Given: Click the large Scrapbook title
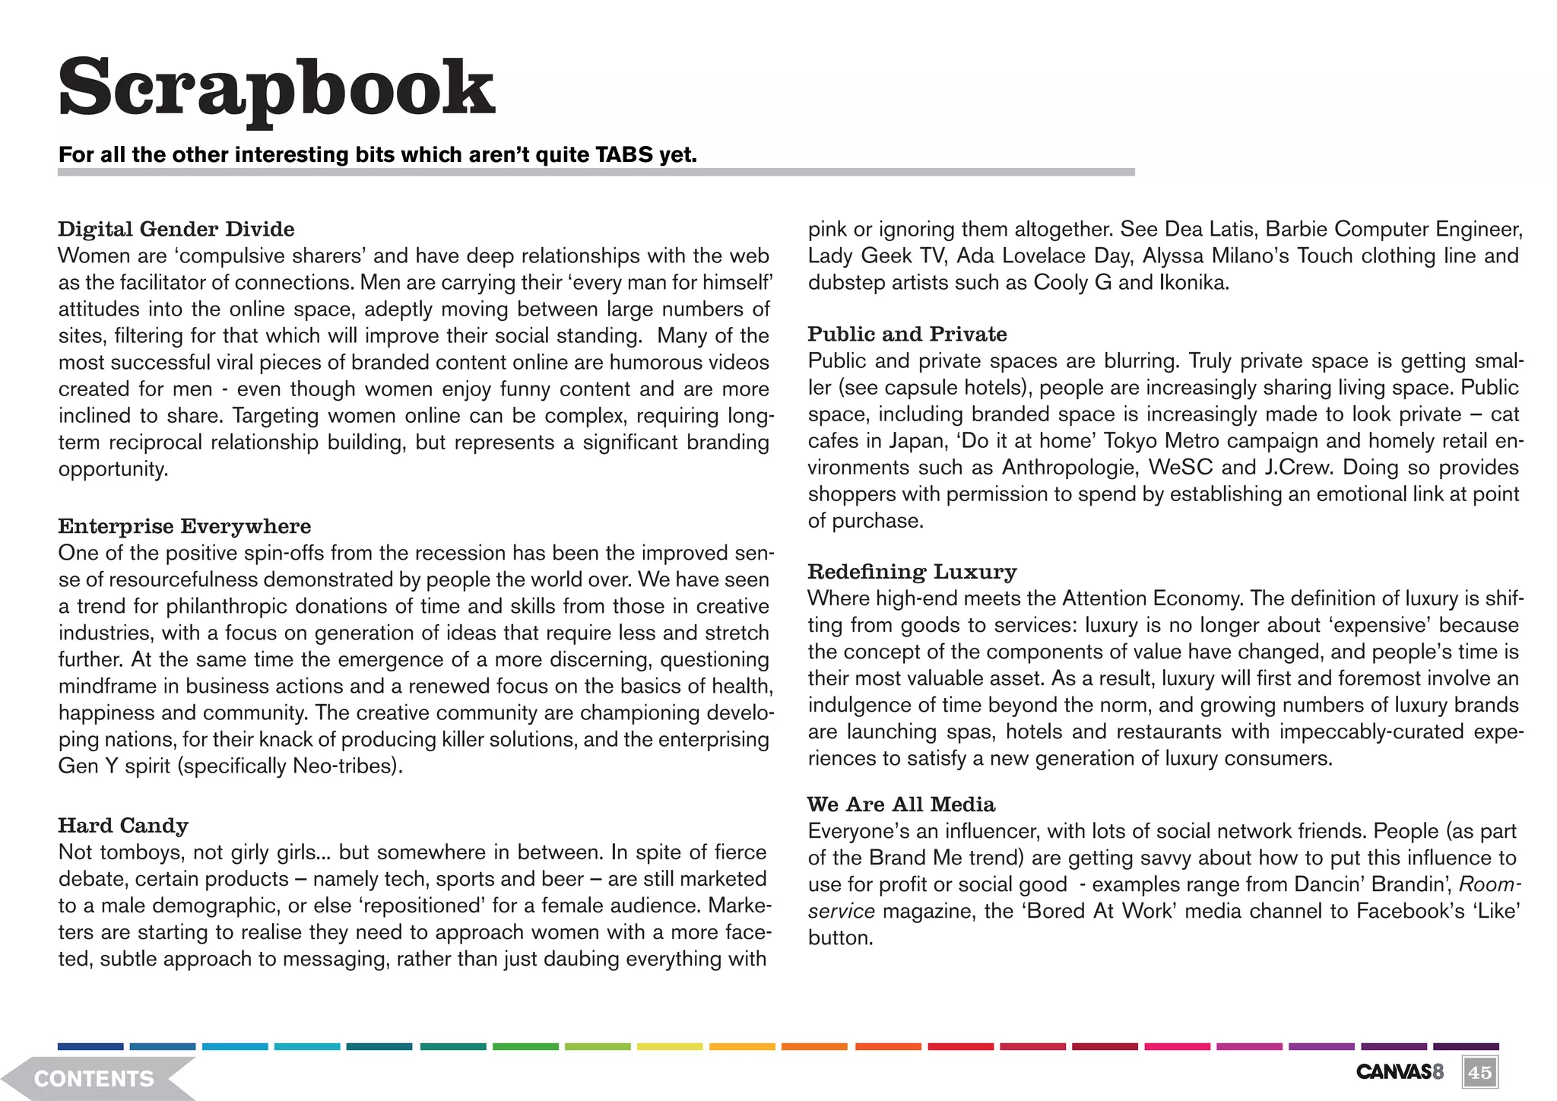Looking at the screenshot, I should (x=277, y=90).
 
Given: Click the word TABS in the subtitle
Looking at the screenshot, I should (x=624, y=155).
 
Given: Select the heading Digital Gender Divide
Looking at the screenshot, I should (x=176, y=229).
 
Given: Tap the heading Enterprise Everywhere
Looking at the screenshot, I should (x=185, y=526).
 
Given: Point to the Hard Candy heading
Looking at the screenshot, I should (x=123, y=825).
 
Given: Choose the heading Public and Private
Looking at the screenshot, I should (x=907, y=334).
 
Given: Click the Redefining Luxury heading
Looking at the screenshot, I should (x=912, y=571).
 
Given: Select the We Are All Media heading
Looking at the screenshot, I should (x=901, y=804).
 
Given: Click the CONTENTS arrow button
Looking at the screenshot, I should (x=95, y=1078).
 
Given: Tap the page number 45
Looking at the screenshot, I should (x=1479, y=1073).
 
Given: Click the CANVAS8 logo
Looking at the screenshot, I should (x=1399, y=1072).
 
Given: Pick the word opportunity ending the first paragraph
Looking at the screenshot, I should (x=113, y=469).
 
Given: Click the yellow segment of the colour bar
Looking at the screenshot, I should (x=668, y=1047).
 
